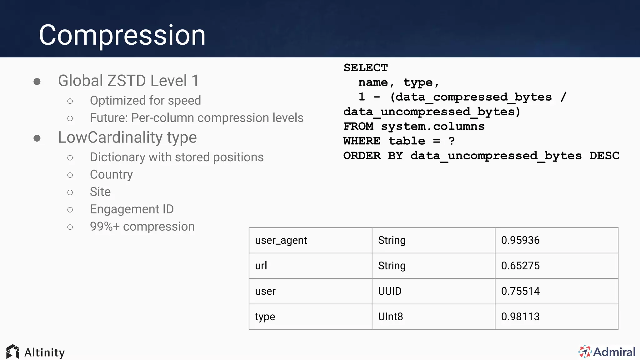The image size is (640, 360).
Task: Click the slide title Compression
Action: pyautogui.click(x=122, y=35)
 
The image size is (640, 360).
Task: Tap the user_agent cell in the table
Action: pyautogui.click(x=281, y=240)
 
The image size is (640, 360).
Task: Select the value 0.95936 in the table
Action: pyautogui.click(x=520, y=240)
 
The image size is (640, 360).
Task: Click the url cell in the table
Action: pyautogui.click(x=261, y=266)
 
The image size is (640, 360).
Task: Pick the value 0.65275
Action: pyautogui.click(x=520, y=266)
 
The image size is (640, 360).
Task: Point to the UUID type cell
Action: pyautogui.click(x=390, y=291)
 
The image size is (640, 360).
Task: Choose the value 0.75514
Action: pyautogui.click(x=520, y=291)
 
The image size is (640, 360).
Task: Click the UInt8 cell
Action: pyautogui.click(x=390, y=317)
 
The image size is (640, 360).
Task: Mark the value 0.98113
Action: pyautogui.click(x=520, y=317)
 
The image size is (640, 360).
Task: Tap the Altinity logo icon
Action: pyautogui.click(x=13, y=352)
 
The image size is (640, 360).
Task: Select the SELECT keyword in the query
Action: pyautogui.click(x=366, y=68)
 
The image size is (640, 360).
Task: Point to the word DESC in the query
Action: pyautogui.click(x=604, y=156)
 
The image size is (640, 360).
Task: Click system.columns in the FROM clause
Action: pyautogui.click(x=432, y=126)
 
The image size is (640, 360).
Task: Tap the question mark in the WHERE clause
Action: pyautogui.click(x=452, y=141)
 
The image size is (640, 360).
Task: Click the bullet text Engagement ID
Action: pyautogui.click(x=132, y=209)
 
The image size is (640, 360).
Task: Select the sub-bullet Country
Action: pyautogui.click(x=111, y=174)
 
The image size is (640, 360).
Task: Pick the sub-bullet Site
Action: pyautogui.click(x=100, y=192)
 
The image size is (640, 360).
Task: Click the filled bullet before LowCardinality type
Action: pyautogui.click(x=37, y=138)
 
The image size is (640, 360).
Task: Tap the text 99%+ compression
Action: pyautogui.click(x=142, y=227)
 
